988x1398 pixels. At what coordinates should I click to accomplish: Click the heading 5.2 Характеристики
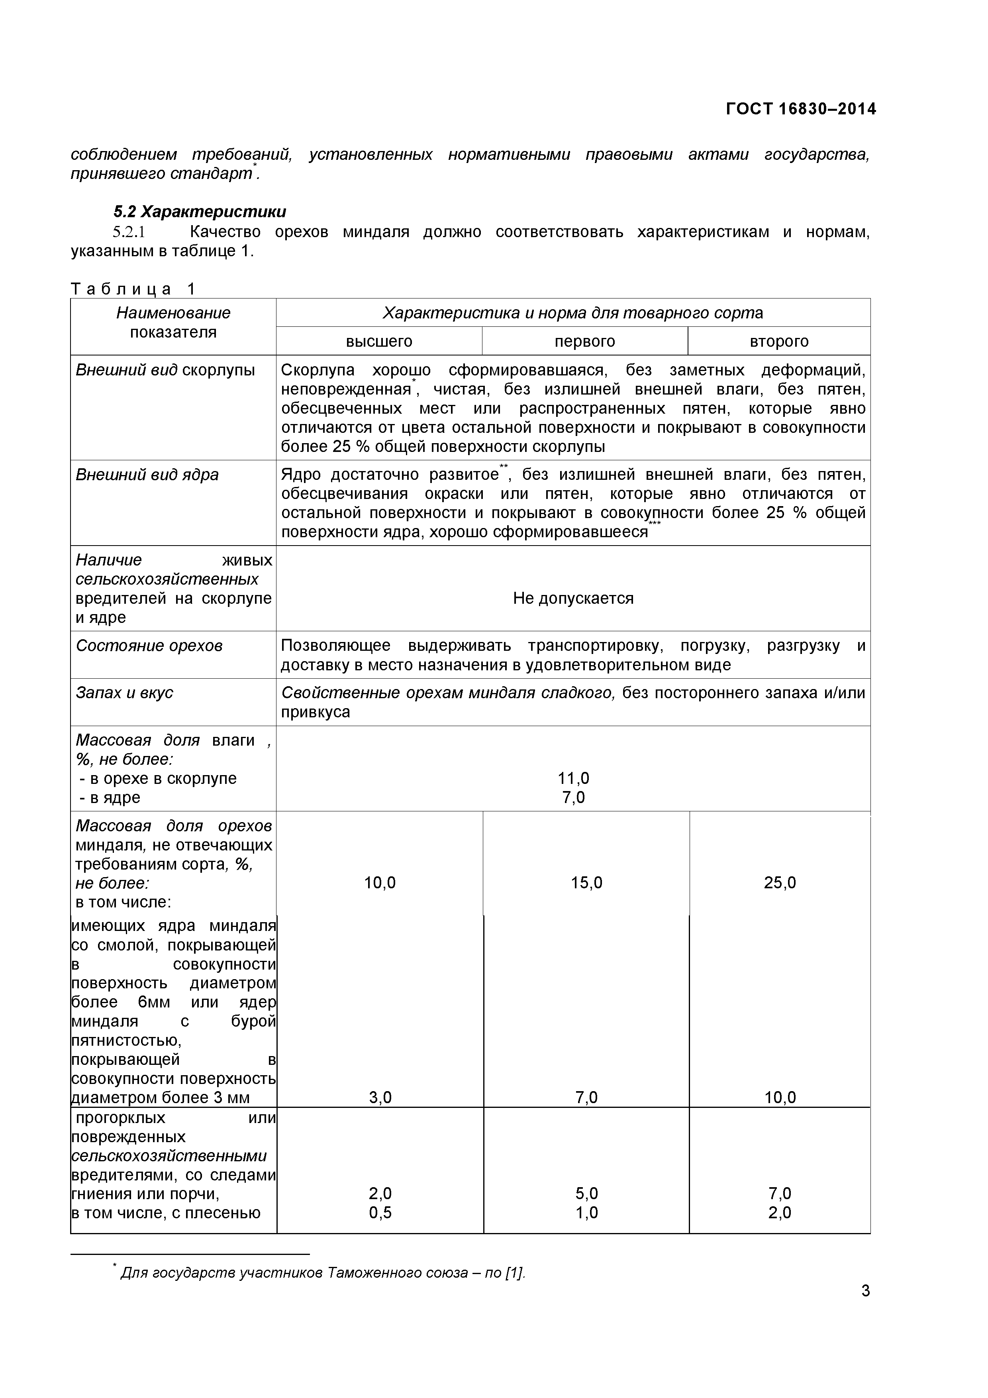click(x=200, y=212)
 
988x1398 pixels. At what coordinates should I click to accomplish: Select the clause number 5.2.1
click(x=129, y=232)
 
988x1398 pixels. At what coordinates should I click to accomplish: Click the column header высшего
click(x=379, y=342)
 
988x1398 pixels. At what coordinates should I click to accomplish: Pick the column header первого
click(x=584, y=342)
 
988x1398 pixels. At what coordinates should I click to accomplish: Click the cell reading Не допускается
click(x=573, y=599)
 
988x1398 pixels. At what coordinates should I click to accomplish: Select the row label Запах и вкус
click(x=125, y=693)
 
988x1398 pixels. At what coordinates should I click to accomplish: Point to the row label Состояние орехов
click(x=149, y=646)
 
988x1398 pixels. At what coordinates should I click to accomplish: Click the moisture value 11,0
click(x=573, y=778)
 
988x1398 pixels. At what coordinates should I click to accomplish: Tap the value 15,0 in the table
click(x=586, y=883)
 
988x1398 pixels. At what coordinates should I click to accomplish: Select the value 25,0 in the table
click(x=780, y=883)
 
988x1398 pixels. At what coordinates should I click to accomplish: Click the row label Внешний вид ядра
click(x=147, y=475)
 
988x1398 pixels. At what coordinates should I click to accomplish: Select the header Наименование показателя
click(x=173, y=323)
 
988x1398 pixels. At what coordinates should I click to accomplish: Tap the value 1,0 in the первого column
click(x=586, y=1213)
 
